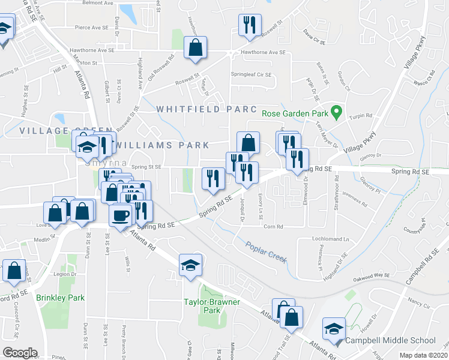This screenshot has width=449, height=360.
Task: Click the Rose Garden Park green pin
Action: [337, 112]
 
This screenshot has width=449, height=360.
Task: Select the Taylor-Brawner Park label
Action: [211, 306]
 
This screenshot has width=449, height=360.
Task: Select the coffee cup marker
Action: [121, 214]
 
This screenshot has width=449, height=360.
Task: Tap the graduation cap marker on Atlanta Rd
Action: [190, 265]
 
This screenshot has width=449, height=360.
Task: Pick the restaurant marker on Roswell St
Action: [249, 25]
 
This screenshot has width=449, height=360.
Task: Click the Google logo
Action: [20, 353]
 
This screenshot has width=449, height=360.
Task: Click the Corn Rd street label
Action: [273, 226]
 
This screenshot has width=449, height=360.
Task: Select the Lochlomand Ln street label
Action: [330, 239]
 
